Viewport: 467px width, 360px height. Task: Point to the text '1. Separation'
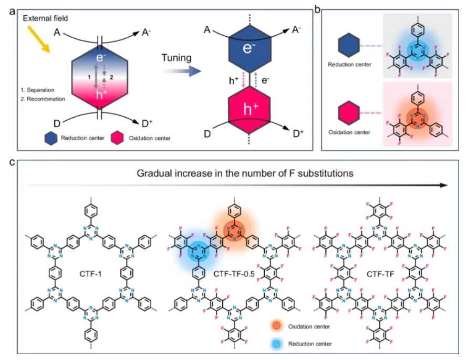(x=31, y=90)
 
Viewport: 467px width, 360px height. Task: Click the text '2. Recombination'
(x=35, y=99)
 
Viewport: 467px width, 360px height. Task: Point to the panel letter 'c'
(x=12, y=162)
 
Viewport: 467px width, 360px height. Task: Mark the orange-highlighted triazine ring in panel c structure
(x=232, y=230)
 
